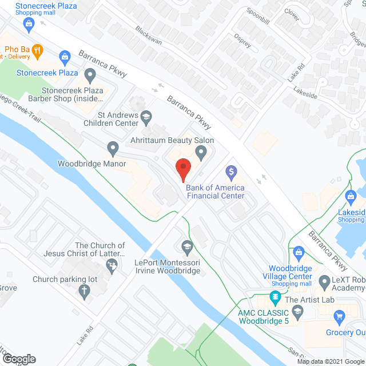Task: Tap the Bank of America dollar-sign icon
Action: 231,171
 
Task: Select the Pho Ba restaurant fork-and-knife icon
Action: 37,50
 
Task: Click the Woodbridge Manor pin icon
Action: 113,149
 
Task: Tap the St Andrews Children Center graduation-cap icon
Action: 146,117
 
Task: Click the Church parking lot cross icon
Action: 83,292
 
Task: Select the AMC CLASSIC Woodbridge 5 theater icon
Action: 275,298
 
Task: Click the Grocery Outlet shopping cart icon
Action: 340,316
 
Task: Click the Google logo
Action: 18,359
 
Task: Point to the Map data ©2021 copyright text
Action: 329,361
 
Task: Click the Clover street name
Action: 292,15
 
